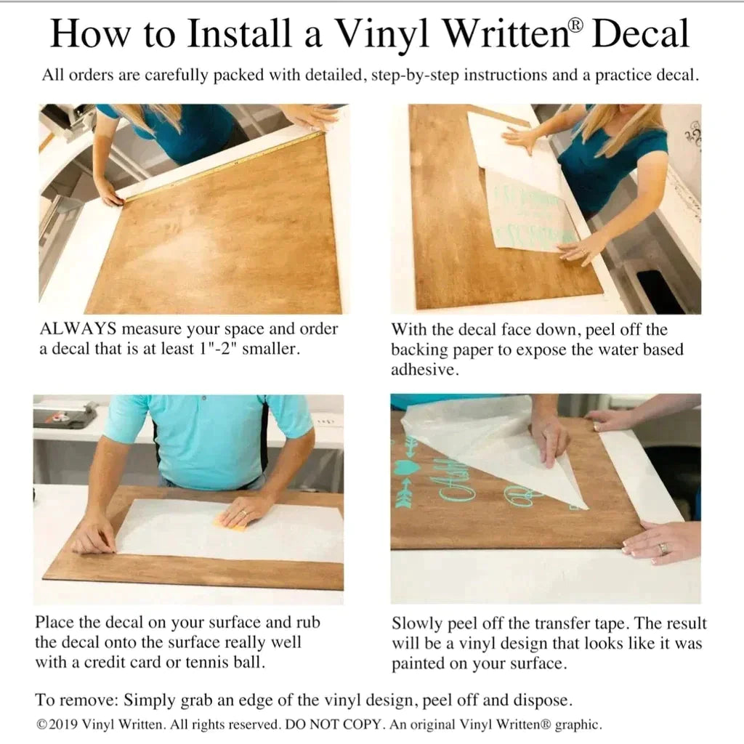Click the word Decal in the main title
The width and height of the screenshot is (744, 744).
coord(640,33)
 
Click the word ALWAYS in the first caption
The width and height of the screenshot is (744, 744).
coord(78,328)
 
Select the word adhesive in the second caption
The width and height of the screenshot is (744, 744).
coord(424,370)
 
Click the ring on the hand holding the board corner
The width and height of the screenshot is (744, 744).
coord(663,548)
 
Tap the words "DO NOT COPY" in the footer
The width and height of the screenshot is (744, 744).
coord(333,724)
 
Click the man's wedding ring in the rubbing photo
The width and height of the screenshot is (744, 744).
coord(243,513)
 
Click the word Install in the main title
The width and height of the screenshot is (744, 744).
coord(238,33)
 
